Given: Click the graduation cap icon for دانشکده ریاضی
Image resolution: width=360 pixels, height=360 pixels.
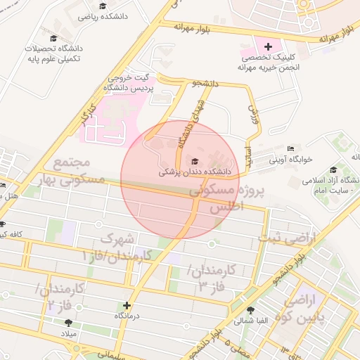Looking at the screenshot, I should pos(103,6).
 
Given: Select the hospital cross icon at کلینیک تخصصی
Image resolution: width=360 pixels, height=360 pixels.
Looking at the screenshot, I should pos(269,46).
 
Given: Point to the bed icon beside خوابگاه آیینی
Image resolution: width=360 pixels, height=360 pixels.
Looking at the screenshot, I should pos(290,149).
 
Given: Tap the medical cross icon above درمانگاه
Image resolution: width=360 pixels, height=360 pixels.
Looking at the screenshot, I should pos(127,305).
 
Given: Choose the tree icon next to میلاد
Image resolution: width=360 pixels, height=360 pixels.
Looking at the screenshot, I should pos(68,323).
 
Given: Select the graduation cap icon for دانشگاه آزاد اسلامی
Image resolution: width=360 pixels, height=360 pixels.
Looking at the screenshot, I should pos(333,169).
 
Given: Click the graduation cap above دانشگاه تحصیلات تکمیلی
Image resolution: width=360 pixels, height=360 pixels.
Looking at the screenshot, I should pos(54,38).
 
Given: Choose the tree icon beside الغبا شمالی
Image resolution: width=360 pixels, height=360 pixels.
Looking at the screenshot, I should pos(249,309).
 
